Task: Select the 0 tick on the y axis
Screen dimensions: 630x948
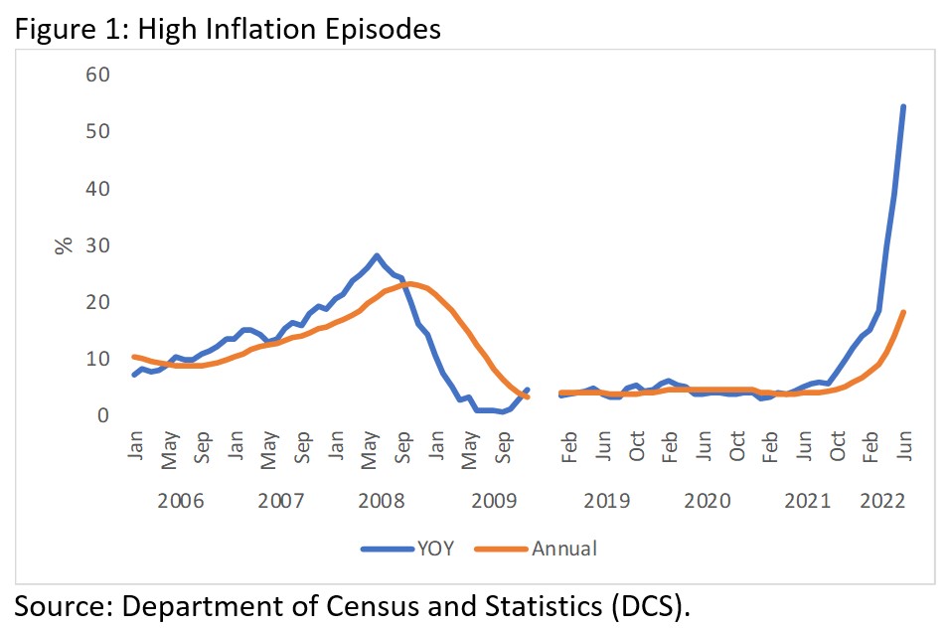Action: tap(101, 415)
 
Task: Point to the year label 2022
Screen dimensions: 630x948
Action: tap(884, 500)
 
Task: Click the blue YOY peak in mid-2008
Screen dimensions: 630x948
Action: tap(377, 255)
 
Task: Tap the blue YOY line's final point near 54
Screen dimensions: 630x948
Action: tap(902, 106)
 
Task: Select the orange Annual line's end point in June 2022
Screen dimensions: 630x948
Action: tap(902, 312)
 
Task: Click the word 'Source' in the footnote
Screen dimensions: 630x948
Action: tap(61, 605)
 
